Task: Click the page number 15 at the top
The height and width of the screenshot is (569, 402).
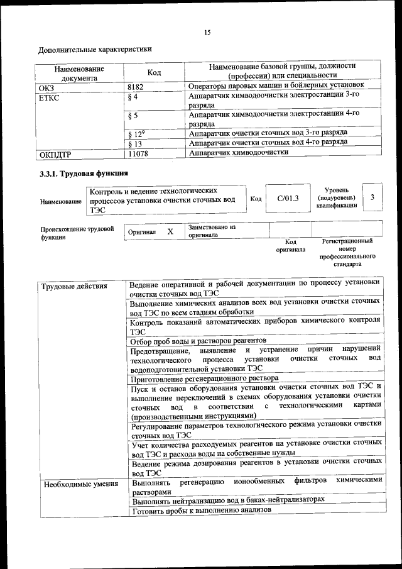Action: click(x=207, y=33)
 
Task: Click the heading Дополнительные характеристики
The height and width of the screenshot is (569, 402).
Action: click(x=95, y=49)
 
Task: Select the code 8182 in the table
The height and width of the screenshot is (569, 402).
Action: click(x=137, y=86)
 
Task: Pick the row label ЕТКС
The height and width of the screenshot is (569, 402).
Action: click(x=49, y=98)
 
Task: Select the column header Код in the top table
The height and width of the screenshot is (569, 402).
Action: click(x=154, y=73)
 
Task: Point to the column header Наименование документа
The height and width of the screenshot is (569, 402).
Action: click(x=79, y=73)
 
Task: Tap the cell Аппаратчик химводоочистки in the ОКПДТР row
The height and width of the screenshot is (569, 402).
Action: click(x=239, y=152)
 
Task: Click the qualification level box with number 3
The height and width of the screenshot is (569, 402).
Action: click(x=372, y=198)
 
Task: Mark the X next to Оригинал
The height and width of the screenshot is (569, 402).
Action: click(x=170, y=231)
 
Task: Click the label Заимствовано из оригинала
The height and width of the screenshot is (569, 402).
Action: click(x=211, y=231)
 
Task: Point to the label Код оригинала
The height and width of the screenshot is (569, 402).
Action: click(x=290, y=245)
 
